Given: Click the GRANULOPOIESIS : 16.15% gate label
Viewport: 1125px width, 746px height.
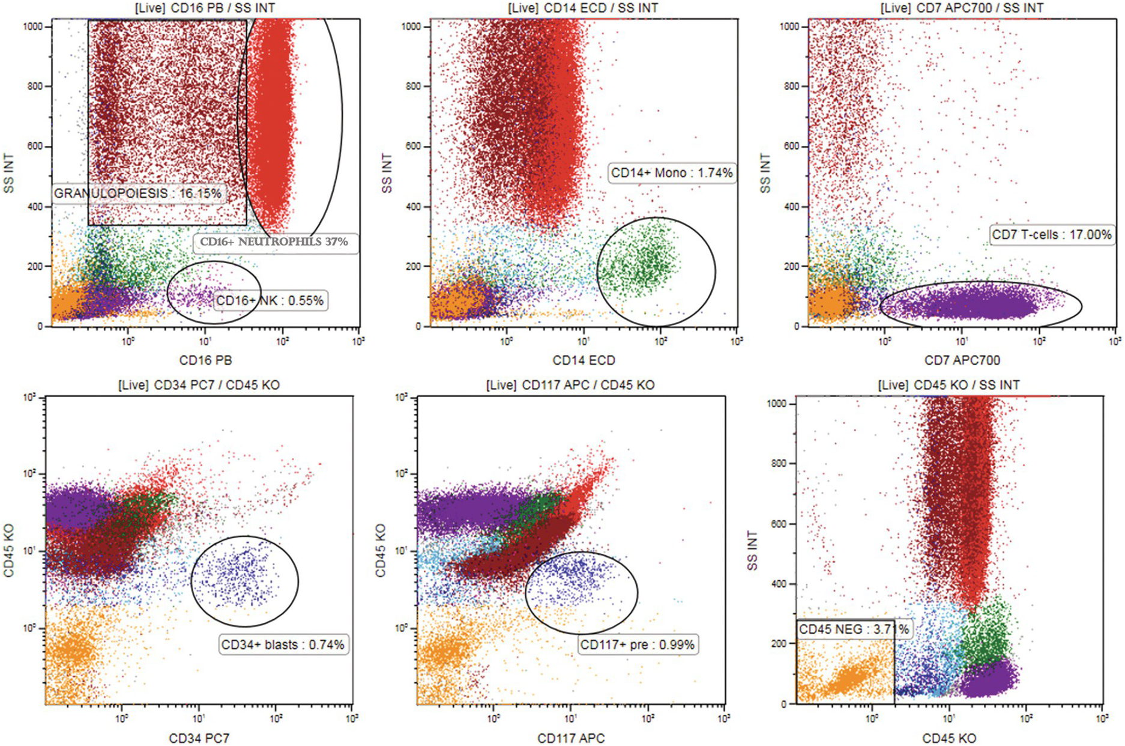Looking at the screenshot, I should tap(137, 193).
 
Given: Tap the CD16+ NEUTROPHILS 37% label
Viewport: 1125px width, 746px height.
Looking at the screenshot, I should tap(274, 242).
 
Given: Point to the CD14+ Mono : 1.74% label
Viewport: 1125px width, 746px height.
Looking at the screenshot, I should tap(672, 173).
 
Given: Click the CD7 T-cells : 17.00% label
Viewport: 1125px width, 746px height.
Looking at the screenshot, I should tap(1051, 235).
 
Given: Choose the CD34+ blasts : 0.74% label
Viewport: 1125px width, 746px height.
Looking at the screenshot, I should tap(283, 644).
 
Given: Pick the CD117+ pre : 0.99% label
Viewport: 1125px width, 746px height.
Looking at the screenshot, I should tap(637, 644).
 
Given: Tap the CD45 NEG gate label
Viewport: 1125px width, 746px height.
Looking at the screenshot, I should tap(853, 629).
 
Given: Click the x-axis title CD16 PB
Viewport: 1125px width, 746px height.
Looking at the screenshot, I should tap(205, 360).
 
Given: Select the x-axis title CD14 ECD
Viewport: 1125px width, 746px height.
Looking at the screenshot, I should tap(584, 360).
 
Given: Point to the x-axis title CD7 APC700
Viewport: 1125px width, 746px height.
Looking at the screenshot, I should tap(962, 360).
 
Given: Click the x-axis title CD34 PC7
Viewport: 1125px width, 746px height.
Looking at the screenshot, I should tap(199, 738).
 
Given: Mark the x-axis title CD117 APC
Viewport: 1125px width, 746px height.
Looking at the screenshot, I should tap(571, 738).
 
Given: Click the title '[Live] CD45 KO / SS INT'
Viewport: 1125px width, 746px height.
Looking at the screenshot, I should tap(949, 385).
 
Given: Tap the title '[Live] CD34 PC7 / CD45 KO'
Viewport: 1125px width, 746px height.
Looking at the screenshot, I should tap(199, 385).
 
